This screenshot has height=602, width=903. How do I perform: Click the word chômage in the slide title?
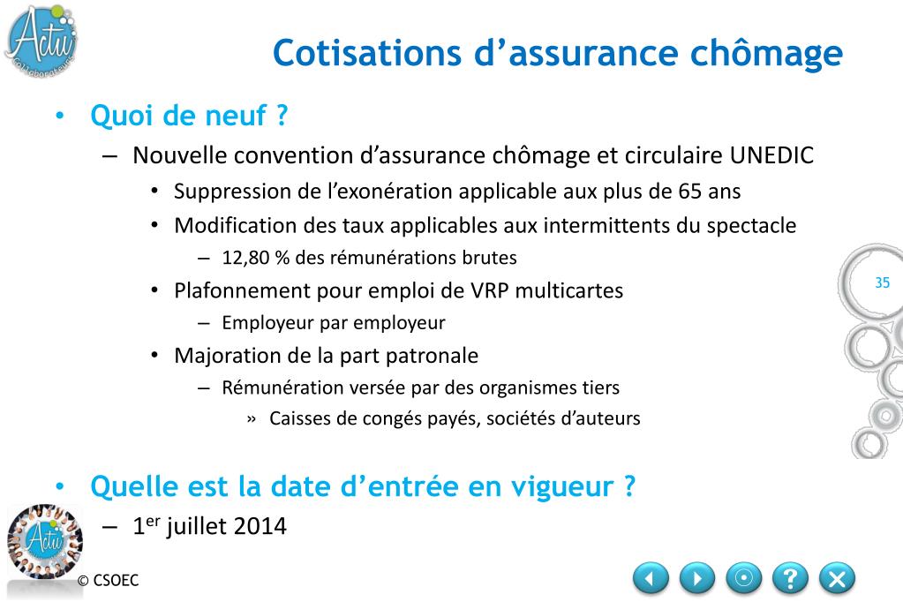tap(766, 54)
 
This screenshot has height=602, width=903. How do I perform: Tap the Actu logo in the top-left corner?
tap(41, 41)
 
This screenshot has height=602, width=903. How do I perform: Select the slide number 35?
tap(883, 282)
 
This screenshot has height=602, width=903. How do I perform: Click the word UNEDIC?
tap(771, 155)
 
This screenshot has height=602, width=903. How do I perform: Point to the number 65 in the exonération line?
tap(690, 192)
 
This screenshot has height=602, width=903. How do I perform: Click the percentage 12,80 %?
tap(256, 258)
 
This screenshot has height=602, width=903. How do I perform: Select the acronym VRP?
tap(490, 290)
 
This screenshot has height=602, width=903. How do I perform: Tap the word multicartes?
tap(569, 290)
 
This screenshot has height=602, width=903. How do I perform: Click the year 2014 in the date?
tap(260, 526)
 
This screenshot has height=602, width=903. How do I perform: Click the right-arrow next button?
tap(697, 578)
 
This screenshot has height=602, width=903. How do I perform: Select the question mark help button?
tap(790, 578)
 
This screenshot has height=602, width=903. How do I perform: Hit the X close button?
tap(837, 578)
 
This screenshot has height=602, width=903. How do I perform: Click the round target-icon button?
tap(743, 578)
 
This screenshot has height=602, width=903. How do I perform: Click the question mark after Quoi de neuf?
tap(282, 116)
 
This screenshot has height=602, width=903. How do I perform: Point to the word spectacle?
tap(751, 225)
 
